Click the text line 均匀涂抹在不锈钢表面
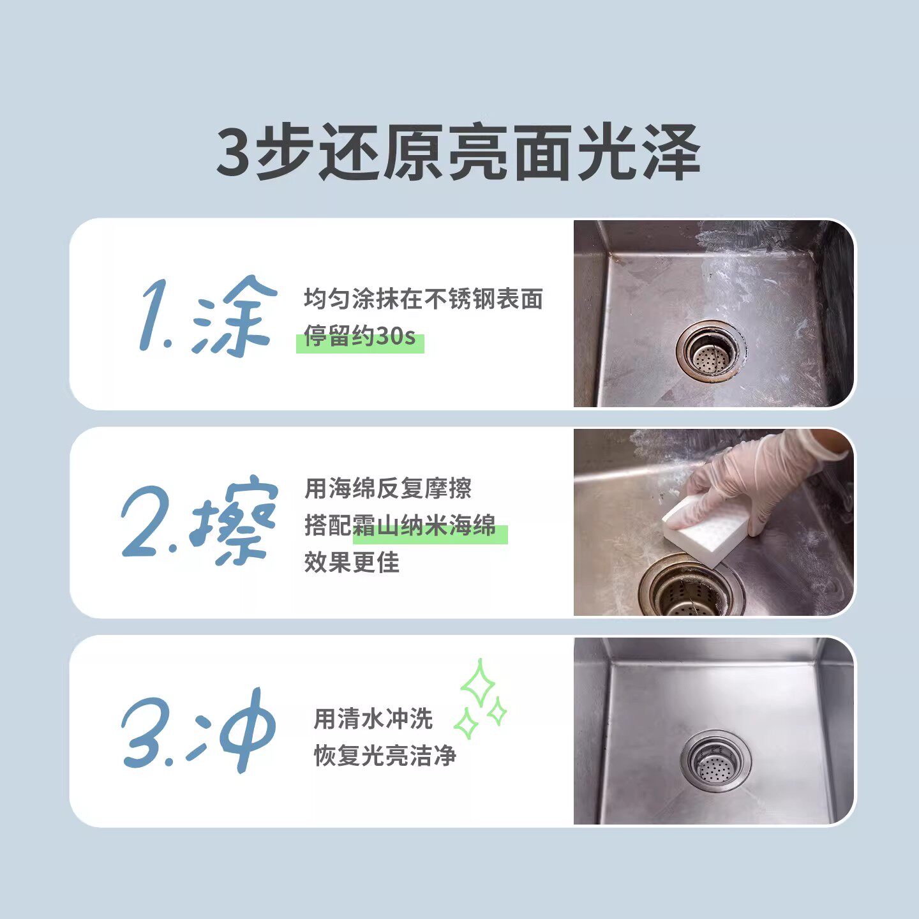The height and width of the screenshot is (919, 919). click(423, 299)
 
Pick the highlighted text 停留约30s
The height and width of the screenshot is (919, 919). click(359, 336)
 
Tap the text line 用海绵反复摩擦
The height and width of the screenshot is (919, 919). click(388, 488)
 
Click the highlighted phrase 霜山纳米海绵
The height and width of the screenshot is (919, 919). click(424, 526)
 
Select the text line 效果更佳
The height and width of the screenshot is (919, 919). click(352, 562)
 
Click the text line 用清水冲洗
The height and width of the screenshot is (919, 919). click(373, 719)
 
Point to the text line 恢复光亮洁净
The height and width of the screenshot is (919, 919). click(385, 756)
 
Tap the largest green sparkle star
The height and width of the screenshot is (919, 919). click(477, 684)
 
